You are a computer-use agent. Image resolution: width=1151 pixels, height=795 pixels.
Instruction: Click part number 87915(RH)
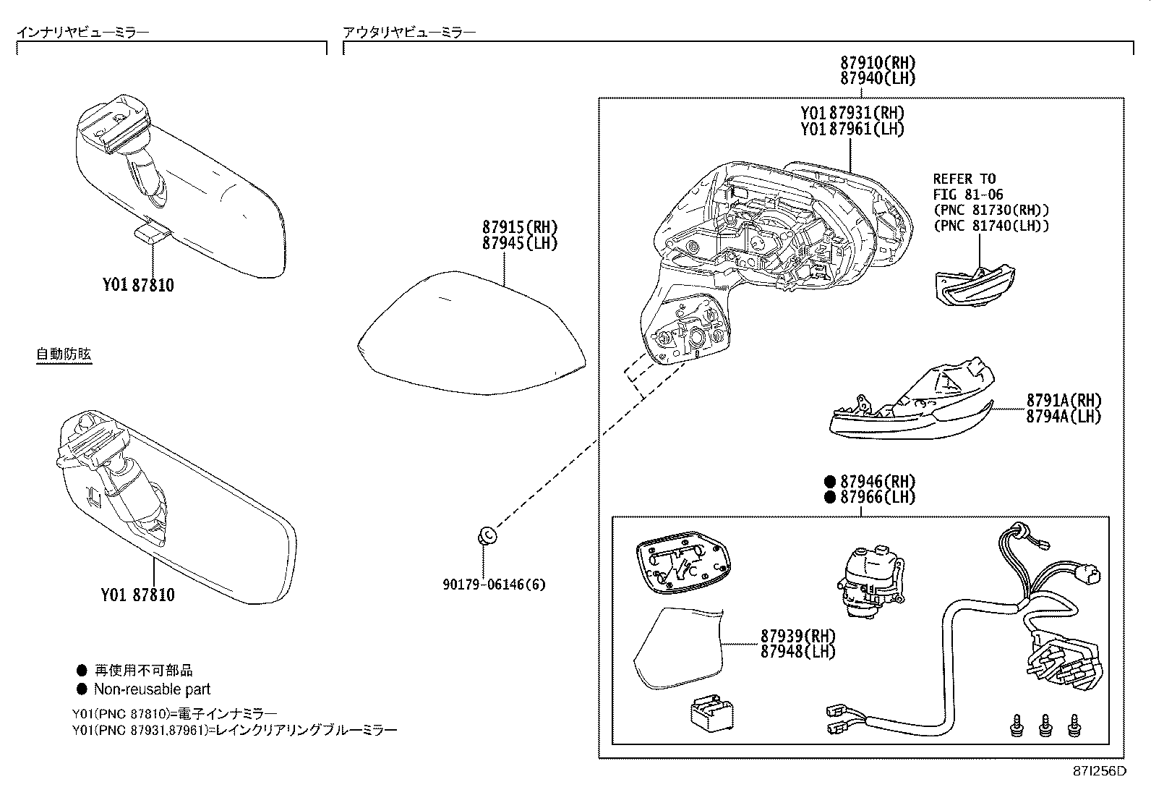point(520,227)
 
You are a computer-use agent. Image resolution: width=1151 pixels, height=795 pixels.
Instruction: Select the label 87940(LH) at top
point(878,79)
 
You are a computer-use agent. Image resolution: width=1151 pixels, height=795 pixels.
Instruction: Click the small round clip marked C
point(486,536)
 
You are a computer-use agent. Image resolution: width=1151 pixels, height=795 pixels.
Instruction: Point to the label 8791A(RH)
point(1064,400)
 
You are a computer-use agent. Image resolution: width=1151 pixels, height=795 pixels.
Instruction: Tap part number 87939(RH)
point(797,636)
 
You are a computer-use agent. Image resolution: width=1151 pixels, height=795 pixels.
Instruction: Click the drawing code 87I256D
point(1099,770)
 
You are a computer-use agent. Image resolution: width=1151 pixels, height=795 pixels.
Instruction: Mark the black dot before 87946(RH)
point(829,481)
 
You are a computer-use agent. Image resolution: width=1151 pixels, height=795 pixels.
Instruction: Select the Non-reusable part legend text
point(152,689)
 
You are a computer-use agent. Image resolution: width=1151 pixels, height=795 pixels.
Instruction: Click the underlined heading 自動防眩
point(64,354)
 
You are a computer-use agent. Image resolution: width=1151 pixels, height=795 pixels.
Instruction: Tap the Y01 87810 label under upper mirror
point(137,285)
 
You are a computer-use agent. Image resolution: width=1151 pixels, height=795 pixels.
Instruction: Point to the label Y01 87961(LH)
point(852,129)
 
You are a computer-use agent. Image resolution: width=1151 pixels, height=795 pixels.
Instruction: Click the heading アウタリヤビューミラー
point(409,32)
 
